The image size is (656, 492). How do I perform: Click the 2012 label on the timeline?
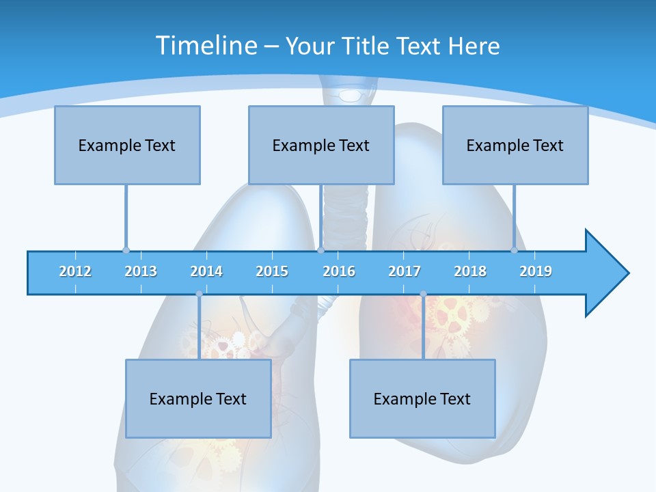click(75, 272)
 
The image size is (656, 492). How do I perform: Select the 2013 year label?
click(141, 272)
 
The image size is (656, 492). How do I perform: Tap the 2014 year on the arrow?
click(206, 272)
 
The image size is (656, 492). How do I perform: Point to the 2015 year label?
click(272, 272)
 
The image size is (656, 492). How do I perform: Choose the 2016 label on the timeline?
click(339, 272)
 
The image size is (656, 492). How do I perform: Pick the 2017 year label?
click(405, 272)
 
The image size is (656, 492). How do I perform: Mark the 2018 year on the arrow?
click(470, 272)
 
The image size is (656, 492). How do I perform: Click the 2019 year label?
click(536, 272)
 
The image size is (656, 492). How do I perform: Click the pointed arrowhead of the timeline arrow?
click(608, 273)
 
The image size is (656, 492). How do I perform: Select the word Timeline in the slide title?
click(206, 46)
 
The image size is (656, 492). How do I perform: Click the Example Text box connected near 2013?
click(127, 145)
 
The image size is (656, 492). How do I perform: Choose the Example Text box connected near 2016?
click(321, 145)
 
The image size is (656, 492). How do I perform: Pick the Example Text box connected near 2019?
click(515, 145)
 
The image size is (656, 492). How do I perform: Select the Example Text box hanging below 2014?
click(198, 398)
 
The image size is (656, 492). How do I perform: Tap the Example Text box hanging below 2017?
click(422, 398)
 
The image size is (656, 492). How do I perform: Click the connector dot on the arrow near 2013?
click(126, 251)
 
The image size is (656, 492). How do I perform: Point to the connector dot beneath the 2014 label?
click(199, 294)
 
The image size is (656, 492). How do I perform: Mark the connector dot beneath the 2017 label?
click(423, 294)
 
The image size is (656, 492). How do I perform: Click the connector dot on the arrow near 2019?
click(514, 251)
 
